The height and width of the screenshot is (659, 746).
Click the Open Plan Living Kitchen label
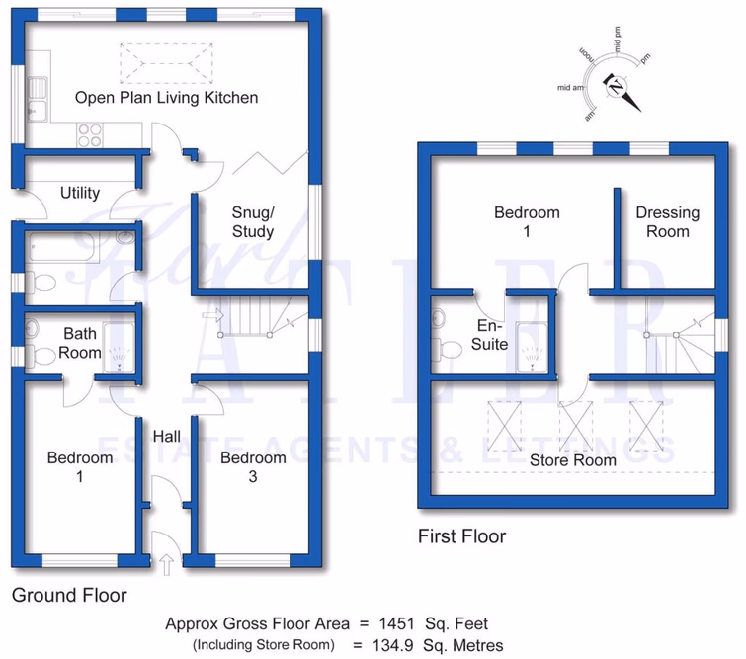(x=167, y=97)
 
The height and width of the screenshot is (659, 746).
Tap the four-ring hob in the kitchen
(x=89, y=133)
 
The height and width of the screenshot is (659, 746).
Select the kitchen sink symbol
(x=39, y=98)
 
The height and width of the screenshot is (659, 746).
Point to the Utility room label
(x=80, y=193)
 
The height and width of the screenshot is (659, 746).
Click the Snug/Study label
(x=252, y=222)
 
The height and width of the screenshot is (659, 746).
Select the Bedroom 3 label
(x=253, y=467)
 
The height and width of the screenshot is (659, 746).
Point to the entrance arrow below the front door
(x=166, y=564)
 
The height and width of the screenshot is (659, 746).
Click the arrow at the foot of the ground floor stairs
(x=209, y=316)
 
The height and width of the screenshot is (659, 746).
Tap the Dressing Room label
(x=667, y=222)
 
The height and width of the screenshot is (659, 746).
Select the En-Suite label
(x=491, y=335)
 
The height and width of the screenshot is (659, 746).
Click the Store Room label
(x=572, y=459)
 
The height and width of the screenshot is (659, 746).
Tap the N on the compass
(x=616, y=88)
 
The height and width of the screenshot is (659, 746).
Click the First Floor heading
(x=461, y=536)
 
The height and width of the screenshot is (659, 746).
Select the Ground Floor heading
(x=69, y=596)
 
